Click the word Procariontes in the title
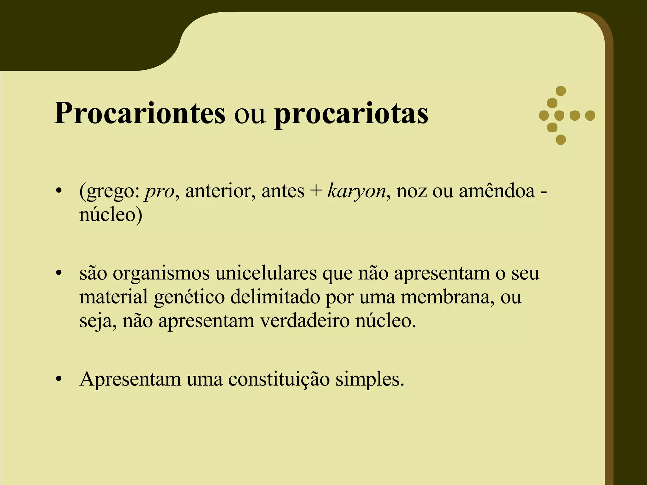(140, 114)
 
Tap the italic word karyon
(357, 192)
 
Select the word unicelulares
(266, 273)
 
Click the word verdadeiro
(305, 321)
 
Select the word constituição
(279, 379)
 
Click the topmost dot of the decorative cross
(560, 91)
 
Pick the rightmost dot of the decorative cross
(590, 116)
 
